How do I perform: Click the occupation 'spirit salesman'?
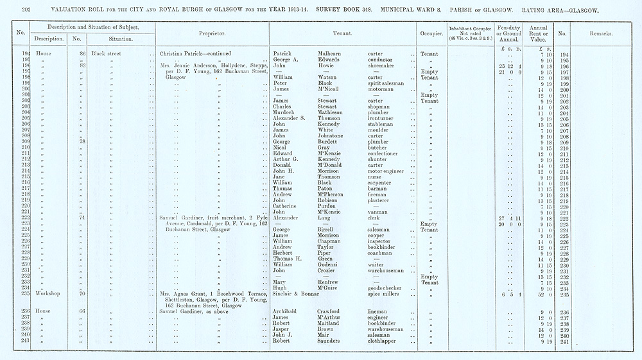387,83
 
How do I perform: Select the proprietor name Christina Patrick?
186,54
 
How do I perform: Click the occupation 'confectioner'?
386,154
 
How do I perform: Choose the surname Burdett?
331,142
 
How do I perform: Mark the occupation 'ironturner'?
384,119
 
